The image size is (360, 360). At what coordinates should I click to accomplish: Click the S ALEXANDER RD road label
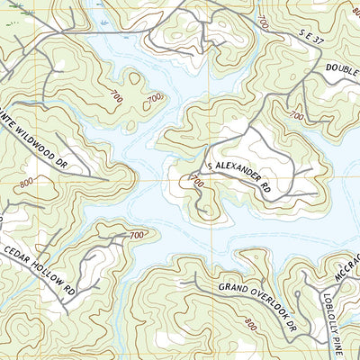pyautogui.click(x=238, y=175)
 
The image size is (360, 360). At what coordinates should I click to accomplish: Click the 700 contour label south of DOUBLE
pyautogui.click(x=296, y=116)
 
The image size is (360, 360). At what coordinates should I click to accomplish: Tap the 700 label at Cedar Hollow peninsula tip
pyautogui.click(x=137, y=236)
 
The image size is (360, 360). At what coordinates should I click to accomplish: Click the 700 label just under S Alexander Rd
pyautogui.click(x=197, y=183)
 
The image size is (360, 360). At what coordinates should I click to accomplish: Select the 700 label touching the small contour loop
pyautogui.click(x=155, y=96)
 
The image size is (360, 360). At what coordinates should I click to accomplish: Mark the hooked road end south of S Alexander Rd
pyautogui.click(x=203, y=213)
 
